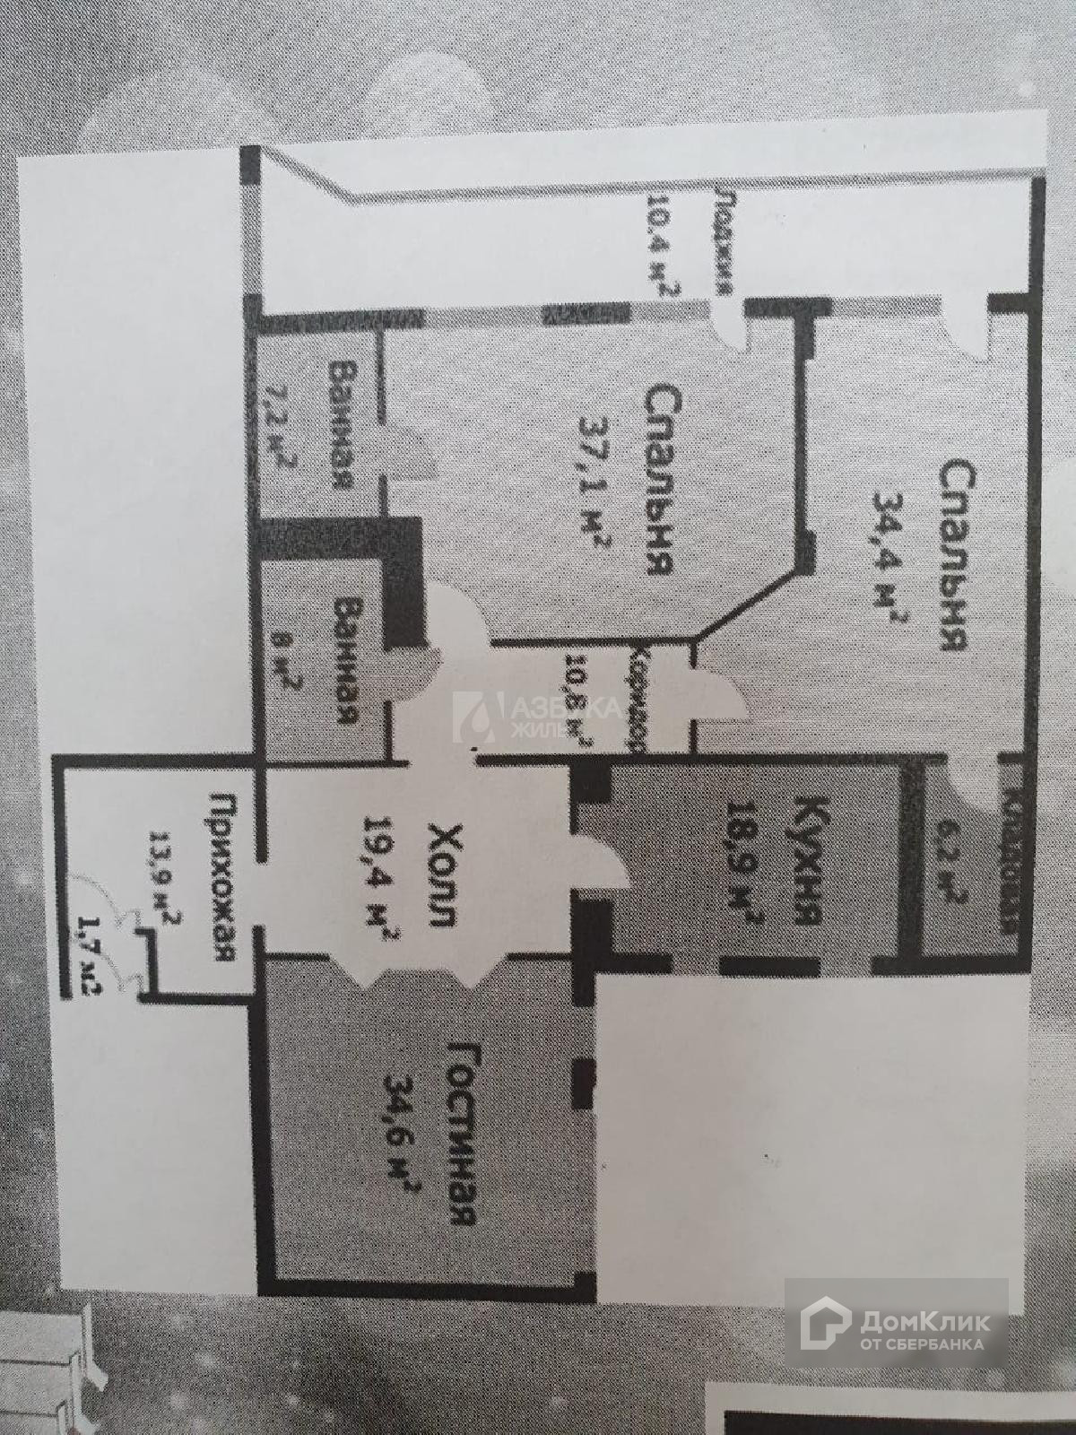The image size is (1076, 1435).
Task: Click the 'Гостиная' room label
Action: (460, 1134)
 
